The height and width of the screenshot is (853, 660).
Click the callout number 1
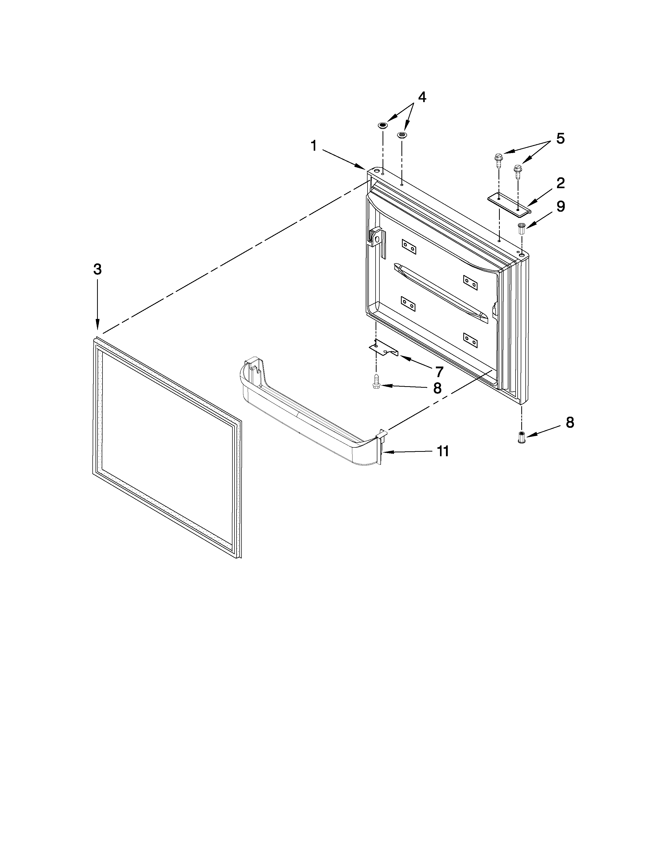click(x=314, y=146)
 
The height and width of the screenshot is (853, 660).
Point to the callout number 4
click(x=422, y=97)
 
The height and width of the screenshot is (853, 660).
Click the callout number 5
click(x=560, y=138)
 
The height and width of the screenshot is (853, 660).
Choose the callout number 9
click(x=561, y=206)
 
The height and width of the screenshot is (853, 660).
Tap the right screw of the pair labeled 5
click(x=518, y=170)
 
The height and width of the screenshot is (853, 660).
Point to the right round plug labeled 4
click(x=401, y=135)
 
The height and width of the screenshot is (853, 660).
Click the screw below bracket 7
click(x=376, y=381)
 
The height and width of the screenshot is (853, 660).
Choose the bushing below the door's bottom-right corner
click(x=521, y=437)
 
